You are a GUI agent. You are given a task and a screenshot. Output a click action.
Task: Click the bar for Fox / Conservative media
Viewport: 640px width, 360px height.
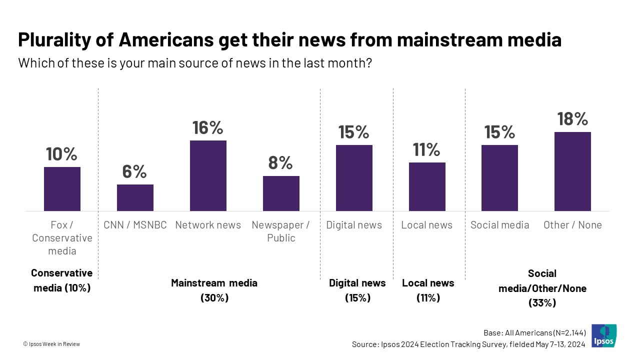pos(62,189)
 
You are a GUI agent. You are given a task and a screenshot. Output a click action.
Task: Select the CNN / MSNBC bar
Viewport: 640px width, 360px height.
pos(135,197)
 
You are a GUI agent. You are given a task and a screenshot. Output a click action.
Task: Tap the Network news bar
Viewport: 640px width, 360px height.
pos(208,175)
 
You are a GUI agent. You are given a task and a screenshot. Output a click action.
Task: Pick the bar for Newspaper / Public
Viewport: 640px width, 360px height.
pos(281,193)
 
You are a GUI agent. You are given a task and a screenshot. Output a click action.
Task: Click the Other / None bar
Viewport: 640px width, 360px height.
pos(572,171)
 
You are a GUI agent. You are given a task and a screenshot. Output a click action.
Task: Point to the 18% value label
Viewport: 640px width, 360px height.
pos(572,119)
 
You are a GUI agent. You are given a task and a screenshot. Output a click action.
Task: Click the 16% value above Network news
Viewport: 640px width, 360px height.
pos(208,127)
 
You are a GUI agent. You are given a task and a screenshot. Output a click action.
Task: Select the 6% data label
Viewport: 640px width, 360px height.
pos(135,171)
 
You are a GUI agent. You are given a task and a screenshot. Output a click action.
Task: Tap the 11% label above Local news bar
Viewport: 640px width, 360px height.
pos(426,149)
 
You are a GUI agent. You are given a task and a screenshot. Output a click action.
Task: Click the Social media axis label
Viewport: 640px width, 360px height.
pos(499,225)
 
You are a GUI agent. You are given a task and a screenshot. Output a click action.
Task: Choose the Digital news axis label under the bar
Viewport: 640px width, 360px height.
pos(354,225)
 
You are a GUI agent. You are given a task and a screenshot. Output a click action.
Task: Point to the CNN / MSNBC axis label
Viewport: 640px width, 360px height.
pos(135,225)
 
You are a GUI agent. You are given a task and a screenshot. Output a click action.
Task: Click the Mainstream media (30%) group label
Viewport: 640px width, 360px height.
pos(214,290)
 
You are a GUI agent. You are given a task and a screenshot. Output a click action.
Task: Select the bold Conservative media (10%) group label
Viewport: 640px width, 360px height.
pos(61,280)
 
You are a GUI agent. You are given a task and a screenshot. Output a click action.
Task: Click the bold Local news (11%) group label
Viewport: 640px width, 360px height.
pos(428,290)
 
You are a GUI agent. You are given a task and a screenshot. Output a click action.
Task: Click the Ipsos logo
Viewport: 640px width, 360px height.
pos(604,336)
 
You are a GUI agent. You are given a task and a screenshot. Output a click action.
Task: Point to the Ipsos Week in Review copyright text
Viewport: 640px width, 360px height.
pos(51,344)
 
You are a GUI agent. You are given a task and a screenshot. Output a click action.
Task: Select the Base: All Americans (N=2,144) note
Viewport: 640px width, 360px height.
pos(534,333)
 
